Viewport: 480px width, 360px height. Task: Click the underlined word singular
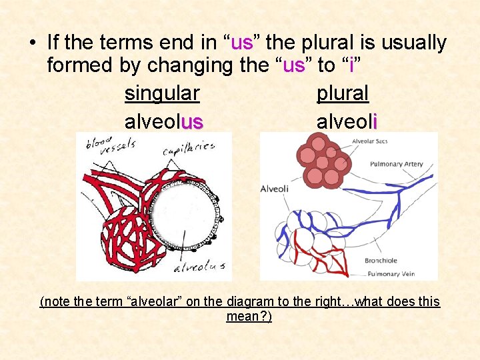point(162,93)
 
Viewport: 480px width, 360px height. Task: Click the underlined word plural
point(342,93)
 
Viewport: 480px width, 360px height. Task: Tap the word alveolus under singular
point(163,121)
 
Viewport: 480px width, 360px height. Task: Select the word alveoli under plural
point(347,121)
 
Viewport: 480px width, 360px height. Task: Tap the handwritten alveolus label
point(198,267)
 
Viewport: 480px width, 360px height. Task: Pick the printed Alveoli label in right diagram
point(275,189)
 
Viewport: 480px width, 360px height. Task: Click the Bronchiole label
point(381,261)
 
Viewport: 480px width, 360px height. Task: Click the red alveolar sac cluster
point(323,161)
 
